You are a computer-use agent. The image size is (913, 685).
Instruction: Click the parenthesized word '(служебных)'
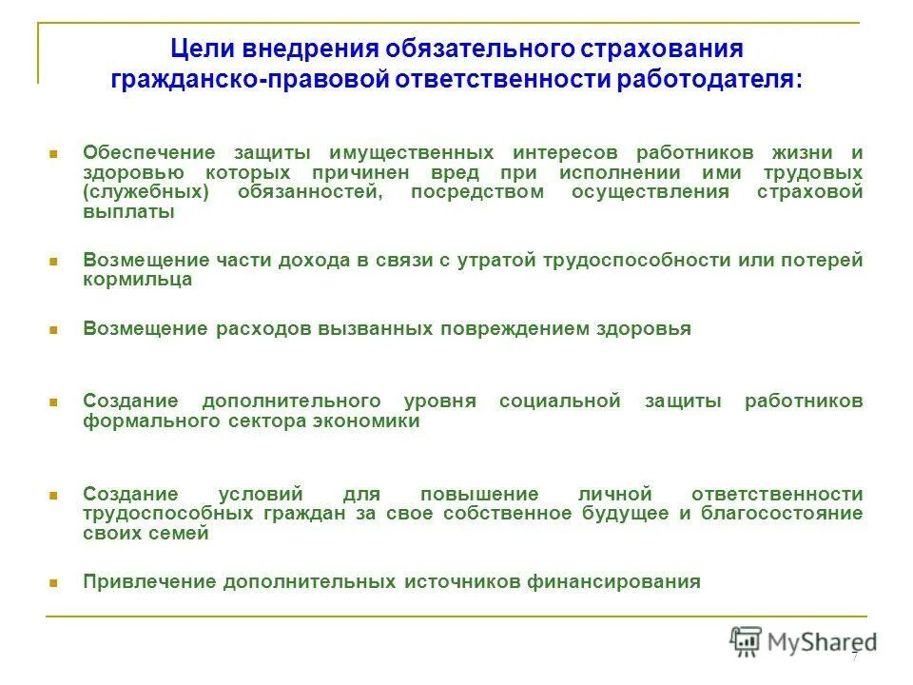[x=135, y=192]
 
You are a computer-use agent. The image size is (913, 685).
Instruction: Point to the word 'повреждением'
[x=499, y=328]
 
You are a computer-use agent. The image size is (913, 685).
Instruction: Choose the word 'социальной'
[x=559, y=401]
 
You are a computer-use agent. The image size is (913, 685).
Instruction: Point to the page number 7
[x=854, y=656]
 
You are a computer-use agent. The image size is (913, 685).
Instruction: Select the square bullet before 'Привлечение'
[x=54, y=582]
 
